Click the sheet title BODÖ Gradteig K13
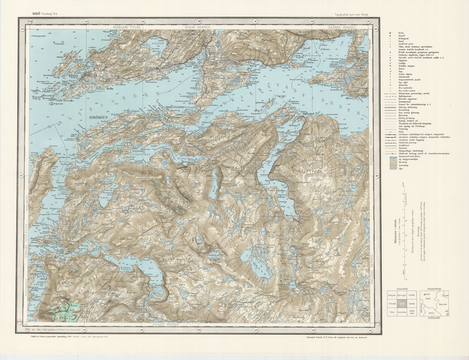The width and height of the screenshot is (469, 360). point(44,13)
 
